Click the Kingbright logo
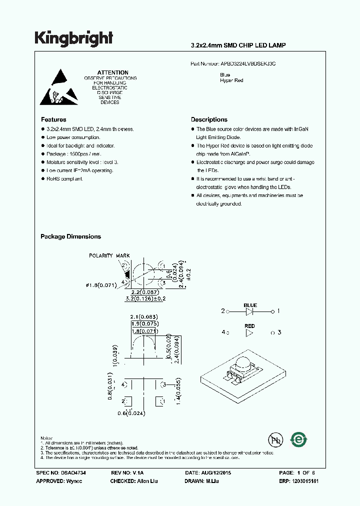click(x=73, y=38)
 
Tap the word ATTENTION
click(x=112, y=72)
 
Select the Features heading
click(x=53, y=119)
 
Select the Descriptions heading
click(x=209, y=119)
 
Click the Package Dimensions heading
click(x=70, y=236)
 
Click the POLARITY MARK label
click(x=109, y=255)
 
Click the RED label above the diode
click(x=250, y=325)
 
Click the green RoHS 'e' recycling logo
click(x=299, y=439)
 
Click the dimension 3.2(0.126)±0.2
click(x=145, y=299)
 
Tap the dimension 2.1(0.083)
click(x=144, y=317)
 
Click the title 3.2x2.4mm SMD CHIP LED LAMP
click(x=238, y=45)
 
